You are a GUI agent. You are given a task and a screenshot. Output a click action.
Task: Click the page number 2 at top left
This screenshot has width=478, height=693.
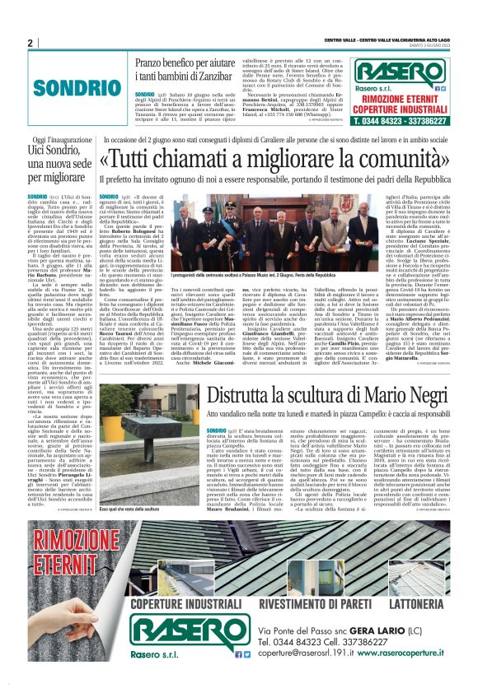point(30,43)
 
